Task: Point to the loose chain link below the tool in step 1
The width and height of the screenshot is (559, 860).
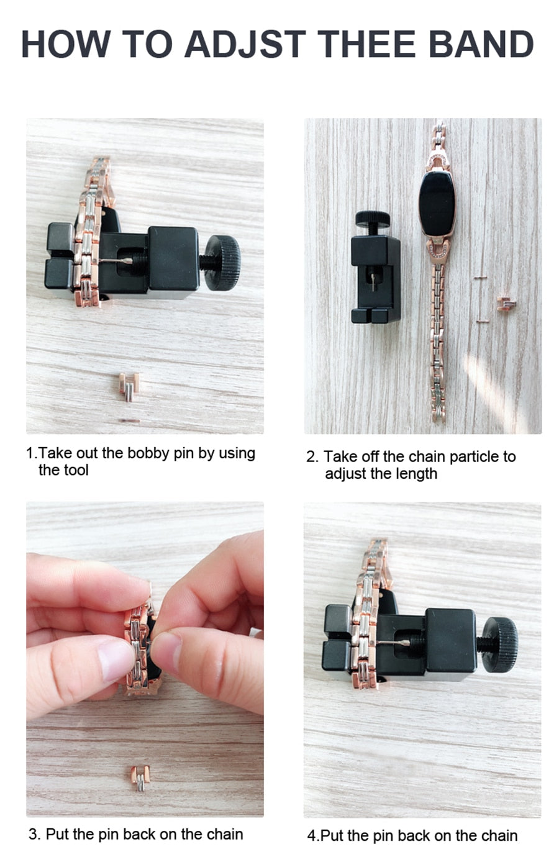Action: (x=129, y=386)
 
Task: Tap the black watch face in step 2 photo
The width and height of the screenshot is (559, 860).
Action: (x=437, y=204)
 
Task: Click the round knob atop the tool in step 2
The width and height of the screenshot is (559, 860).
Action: (x=373, y=219)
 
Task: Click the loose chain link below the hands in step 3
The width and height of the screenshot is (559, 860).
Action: (x=140, y=779)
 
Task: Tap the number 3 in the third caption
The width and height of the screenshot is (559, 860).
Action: (x=34, y=835)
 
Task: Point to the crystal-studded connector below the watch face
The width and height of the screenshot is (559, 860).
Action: (x=437, y=250)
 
